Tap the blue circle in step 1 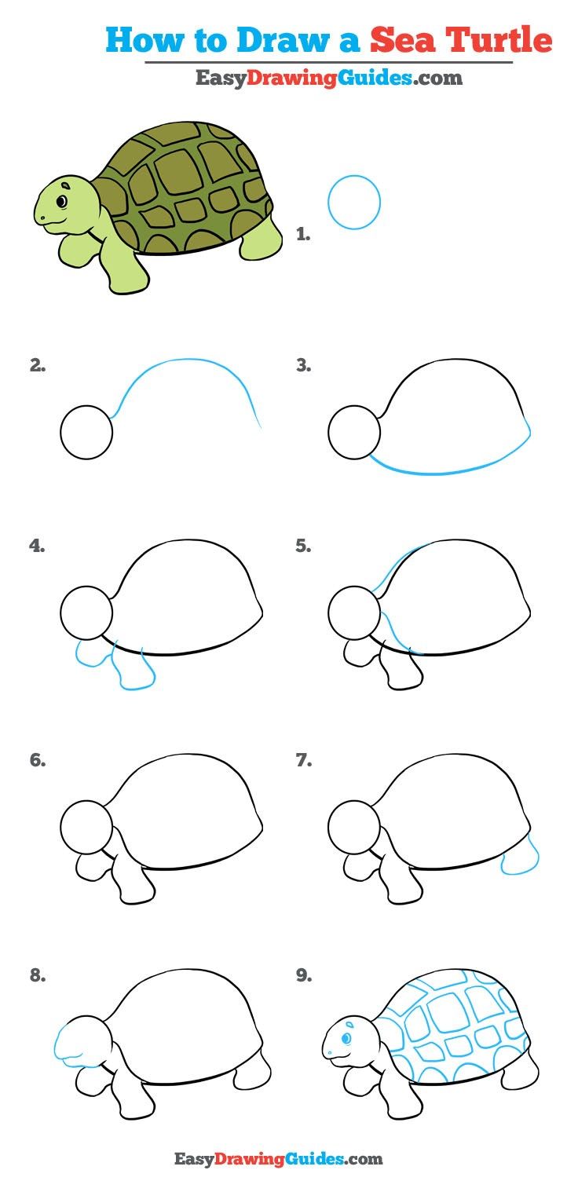(354, 203)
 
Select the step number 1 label (303, 233)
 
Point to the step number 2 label (37, 364)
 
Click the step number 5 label (303, 547)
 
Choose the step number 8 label (37, 976)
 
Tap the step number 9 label (304, 976)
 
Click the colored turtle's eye (61, 202)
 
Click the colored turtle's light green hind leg (262, 240)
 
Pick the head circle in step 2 (86, 433)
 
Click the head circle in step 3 (354, 433)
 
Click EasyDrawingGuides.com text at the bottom (278, 1158)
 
